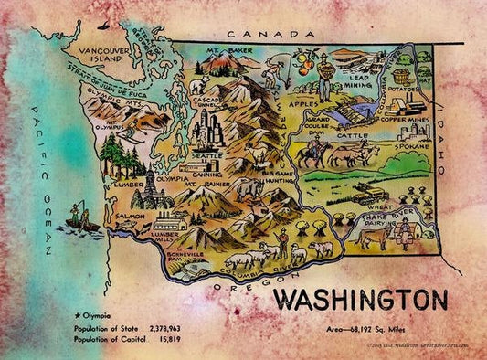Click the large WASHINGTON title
click(361, 300)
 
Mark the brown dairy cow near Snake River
click(375, 238)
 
